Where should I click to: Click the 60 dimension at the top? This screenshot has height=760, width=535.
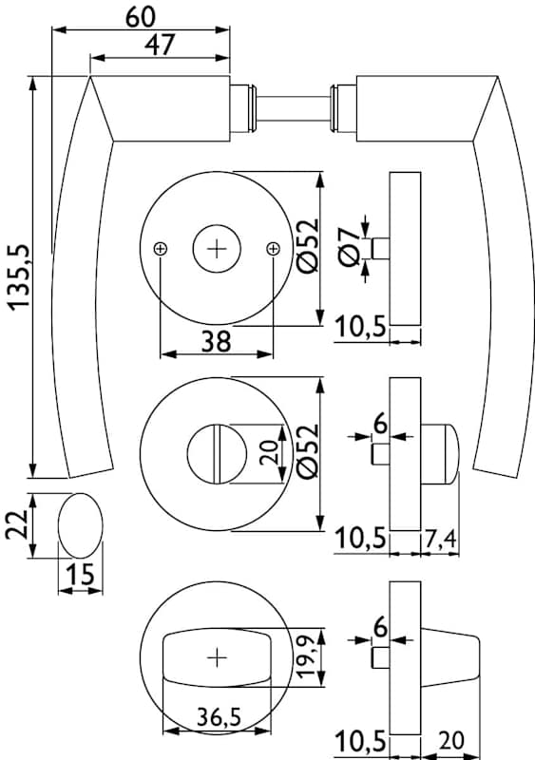pyautogui.click(x=141, y=17)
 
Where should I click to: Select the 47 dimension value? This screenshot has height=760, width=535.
pyautogui.click(x=159, y=45)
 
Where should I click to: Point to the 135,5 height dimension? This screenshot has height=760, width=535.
pyautogui.click(x=19, y=276)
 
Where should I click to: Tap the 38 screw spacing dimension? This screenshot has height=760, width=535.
pyautogui.click(x=217, y=341)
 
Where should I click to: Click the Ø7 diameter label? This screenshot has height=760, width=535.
pyautogui.click(x=350, y=248)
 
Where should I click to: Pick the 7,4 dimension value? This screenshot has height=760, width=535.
pyautogui.click(x=440, y=538)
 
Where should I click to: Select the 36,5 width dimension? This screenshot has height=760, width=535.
pyautogui.click(x=220, y=716)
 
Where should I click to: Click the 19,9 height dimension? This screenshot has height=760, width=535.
pyautogui.click(x=308, y=657)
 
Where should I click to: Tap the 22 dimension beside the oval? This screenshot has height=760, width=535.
pyautogui.click(x=17, y=525)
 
